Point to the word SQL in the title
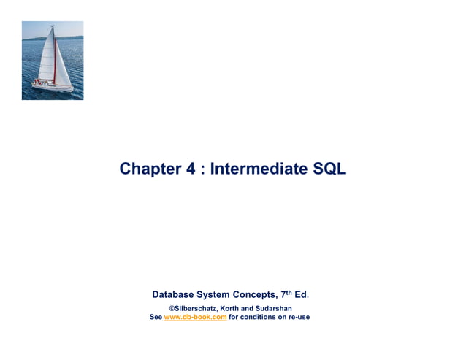point(329,169)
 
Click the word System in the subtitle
point(221,295)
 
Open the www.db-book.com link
point(195,317)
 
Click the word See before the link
point(155,317)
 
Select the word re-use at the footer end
point(299,317)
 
